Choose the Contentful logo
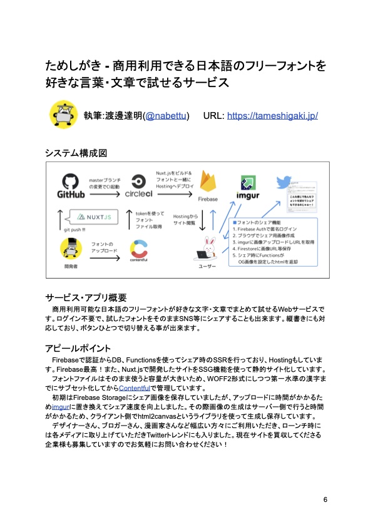pos(139,250)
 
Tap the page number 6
pos(325,500)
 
